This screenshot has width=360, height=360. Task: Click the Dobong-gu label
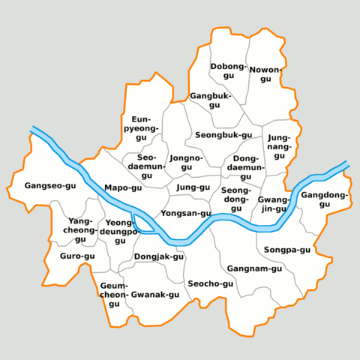228,71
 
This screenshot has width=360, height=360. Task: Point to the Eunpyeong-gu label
142,128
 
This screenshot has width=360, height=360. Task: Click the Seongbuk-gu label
223,135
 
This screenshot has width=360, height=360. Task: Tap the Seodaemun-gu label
146,166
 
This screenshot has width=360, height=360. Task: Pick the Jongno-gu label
186,162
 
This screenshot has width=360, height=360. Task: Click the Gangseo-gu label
50,185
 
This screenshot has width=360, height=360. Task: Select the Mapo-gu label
123,187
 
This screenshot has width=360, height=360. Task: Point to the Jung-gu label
193,187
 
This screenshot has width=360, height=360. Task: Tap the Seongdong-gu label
236,199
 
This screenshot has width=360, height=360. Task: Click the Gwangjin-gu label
273,204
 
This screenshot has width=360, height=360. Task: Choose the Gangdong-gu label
325,199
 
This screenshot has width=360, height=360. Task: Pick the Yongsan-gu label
186,214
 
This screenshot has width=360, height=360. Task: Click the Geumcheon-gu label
114,295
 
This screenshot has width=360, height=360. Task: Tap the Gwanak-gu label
155,295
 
